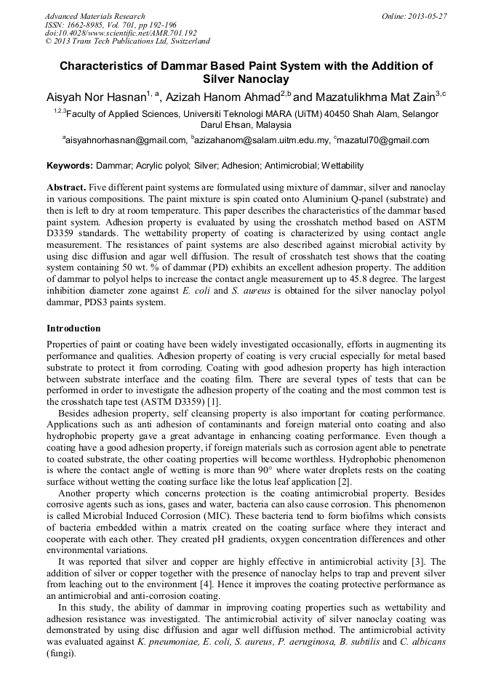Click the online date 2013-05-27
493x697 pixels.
[x=427, y=16]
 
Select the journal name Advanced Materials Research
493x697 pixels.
[x=95, y=16]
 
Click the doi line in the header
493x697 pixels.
[x=121, y=33]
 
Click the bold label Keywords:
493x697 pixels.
[x=70, y=166]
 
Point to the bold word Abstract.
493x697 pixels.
[x=65, y=188]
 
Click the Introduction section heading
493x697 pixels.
[x=73, y=329]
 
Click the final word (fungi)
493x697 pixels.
[x=60, y=653]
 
